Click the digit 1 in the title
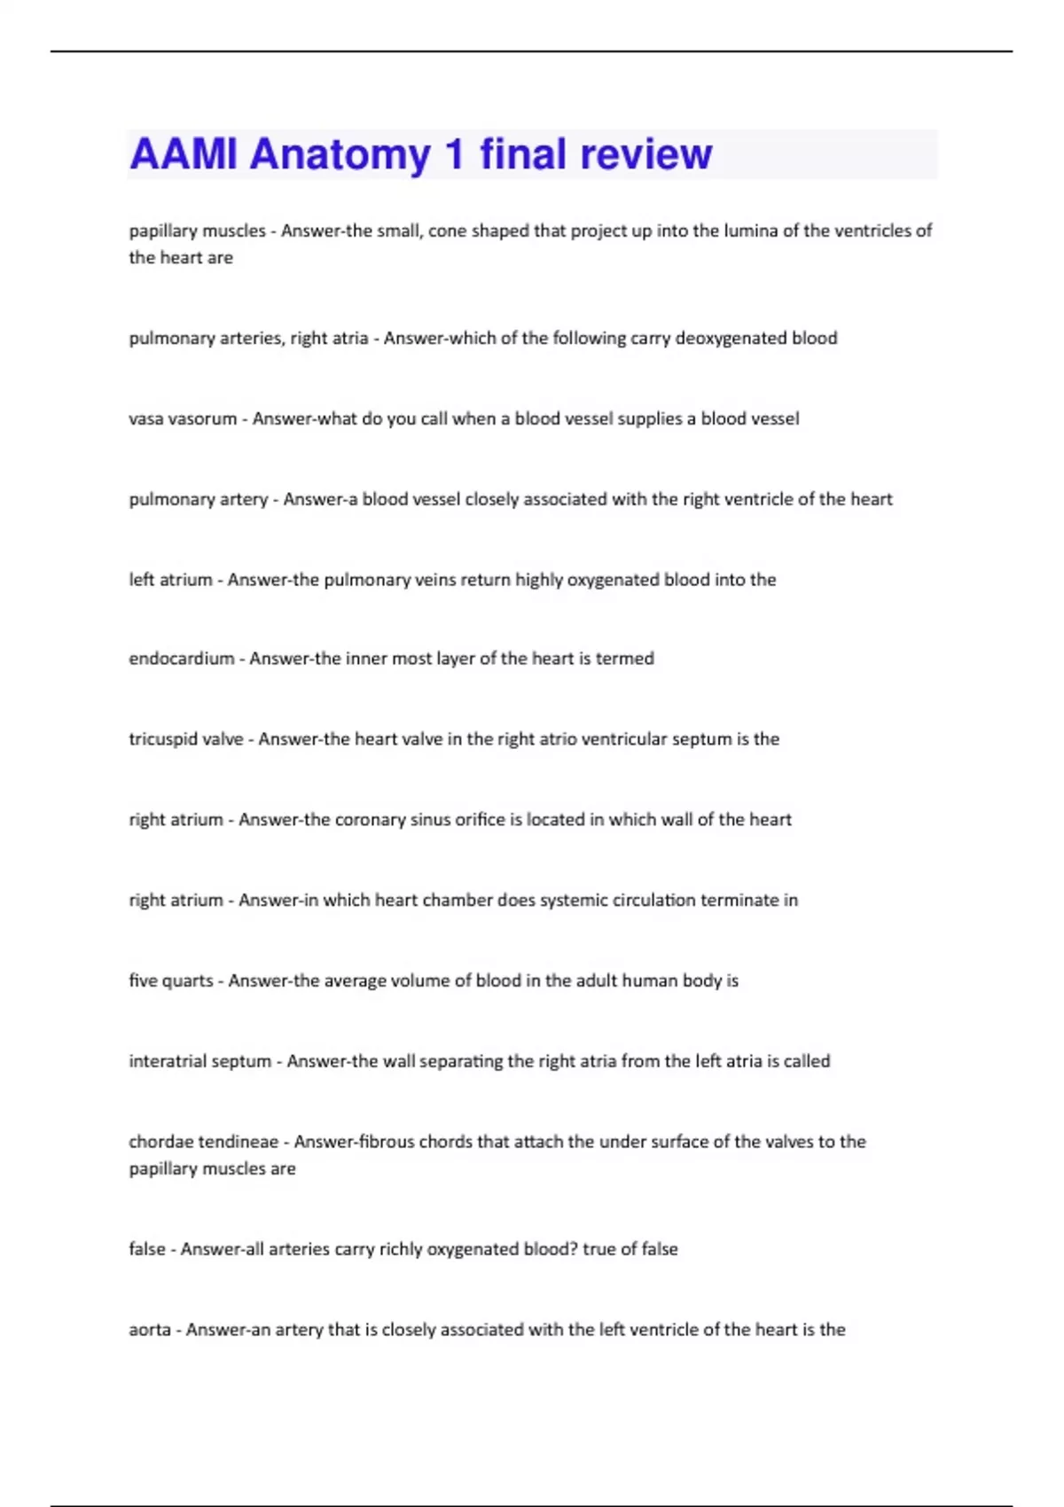(455, 154)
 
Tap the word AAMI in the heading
(184, 154)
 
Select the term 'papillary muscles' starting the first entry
(197, 231)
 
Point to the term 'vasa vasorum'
(183, 418)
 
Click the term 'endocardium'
(181, 659)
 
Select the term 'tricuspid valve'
(185, 739)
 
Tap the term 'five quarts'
(171, 980)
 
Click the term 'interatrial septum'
(199, 1061)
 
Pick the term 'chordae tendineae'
(203, 1142)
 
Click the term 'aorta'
(150, 1330)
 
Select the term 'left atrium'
(170, 580)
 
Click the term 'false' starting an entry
(147, 1249)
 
